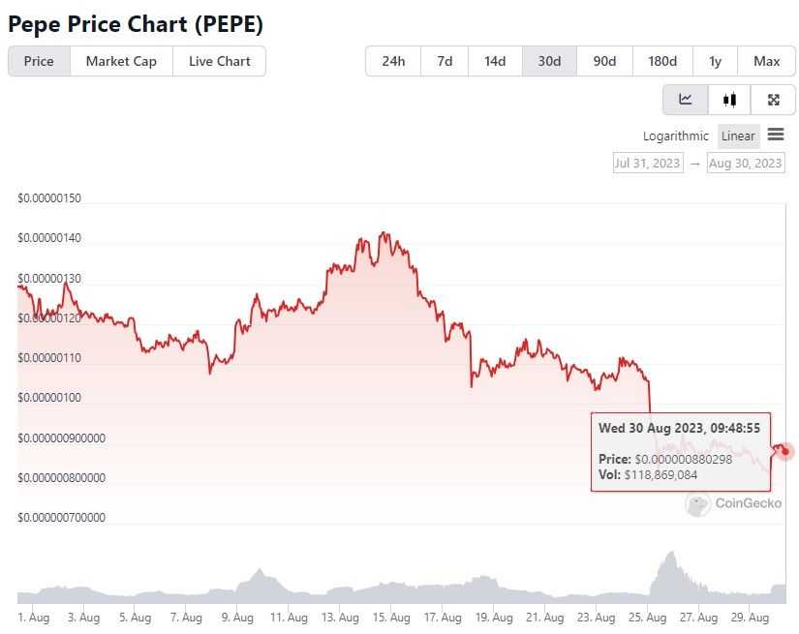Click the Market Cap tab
tap(121, 61)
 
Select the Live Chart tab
tap(219, 61)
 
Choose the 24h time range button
tap(393, 61)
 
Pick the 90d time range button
tap(604, 61)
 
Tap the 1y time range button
tap(715, 61)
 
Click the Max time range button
tap(766, 61)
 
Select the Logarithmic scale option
tap(675, 136)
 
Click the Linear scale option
tap(738, 136)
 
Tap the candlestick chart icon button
tap(729, 100)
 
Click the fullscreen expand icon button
tap(773, 100)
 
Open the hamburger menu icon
tap(776, 135)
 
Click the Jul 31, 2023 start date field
tap(647, 163)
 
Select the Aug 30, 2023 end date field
tap(745, 163)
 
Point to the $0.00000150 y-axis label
tap(49, 198)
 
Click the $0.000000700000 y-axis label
tap(61, 518)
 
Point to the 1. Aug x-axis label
tap(33, 617)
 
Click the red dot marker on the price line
tap(785, 451)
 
